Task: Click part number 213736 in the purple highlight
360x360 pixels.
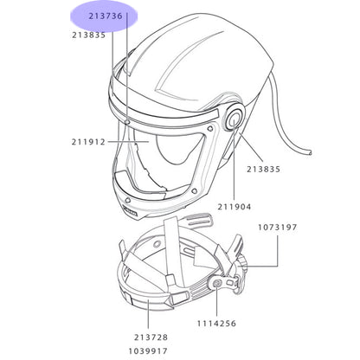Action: [x=106, y=16]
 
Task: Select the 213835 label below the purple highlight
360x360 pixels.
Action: [x=89, y=35]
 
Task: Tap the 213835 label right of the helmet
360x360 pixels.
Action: [x=263, y=169]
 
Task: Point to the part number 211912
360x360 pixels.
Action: [x=88, y=142]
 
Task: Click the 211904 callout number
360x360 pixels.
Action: [x=235, y=207]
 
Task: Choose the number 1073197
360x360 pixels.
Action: [x=277, y=228]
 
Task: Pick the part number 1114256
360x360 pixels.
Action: [x=216, y=324]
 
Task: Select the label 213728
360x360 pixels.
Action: [x=151, y=337]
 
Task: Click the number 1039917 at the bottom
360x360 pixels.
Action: [x=148, y=351]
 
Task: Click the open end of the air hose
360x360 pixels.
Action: [x=310, y=153]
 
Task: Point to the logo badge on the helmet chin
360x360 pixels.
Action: [x=130, y=212]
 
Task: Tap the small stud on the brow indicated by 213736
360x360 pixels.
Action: [x=127, y=123]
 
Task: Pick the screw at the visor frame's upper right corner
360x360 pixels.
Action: [x=212, y=128]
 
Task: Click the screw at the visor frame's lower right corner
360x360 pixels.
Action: [x=194, y=190]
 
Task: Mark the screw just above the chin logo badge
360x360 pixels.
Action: [x=126, y=200]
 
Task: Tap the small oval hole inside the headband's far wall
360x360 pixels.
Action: [x=157, y=244]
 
